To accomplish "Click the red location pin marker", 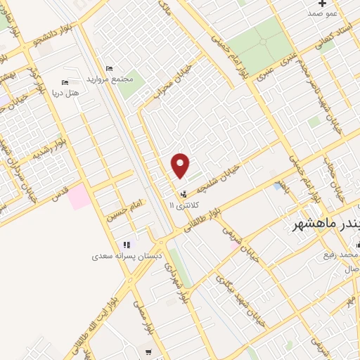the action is (181, 165).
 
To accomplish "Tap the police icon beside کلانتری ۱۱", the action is (184, 193).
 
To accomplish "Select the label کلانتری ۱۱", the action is (185, 205).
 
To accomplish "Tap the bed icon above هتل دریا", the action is (65, 83).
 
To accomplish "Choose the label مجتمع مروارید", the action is (109, 79).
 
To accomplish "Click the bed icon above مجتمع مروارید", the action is (109, 68).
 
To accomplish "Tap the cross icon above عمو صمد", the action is (322, 4).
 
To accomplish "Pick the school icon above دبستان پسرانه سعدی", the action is (127, 245).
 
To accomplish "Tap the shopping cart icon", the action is (148, 352).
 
